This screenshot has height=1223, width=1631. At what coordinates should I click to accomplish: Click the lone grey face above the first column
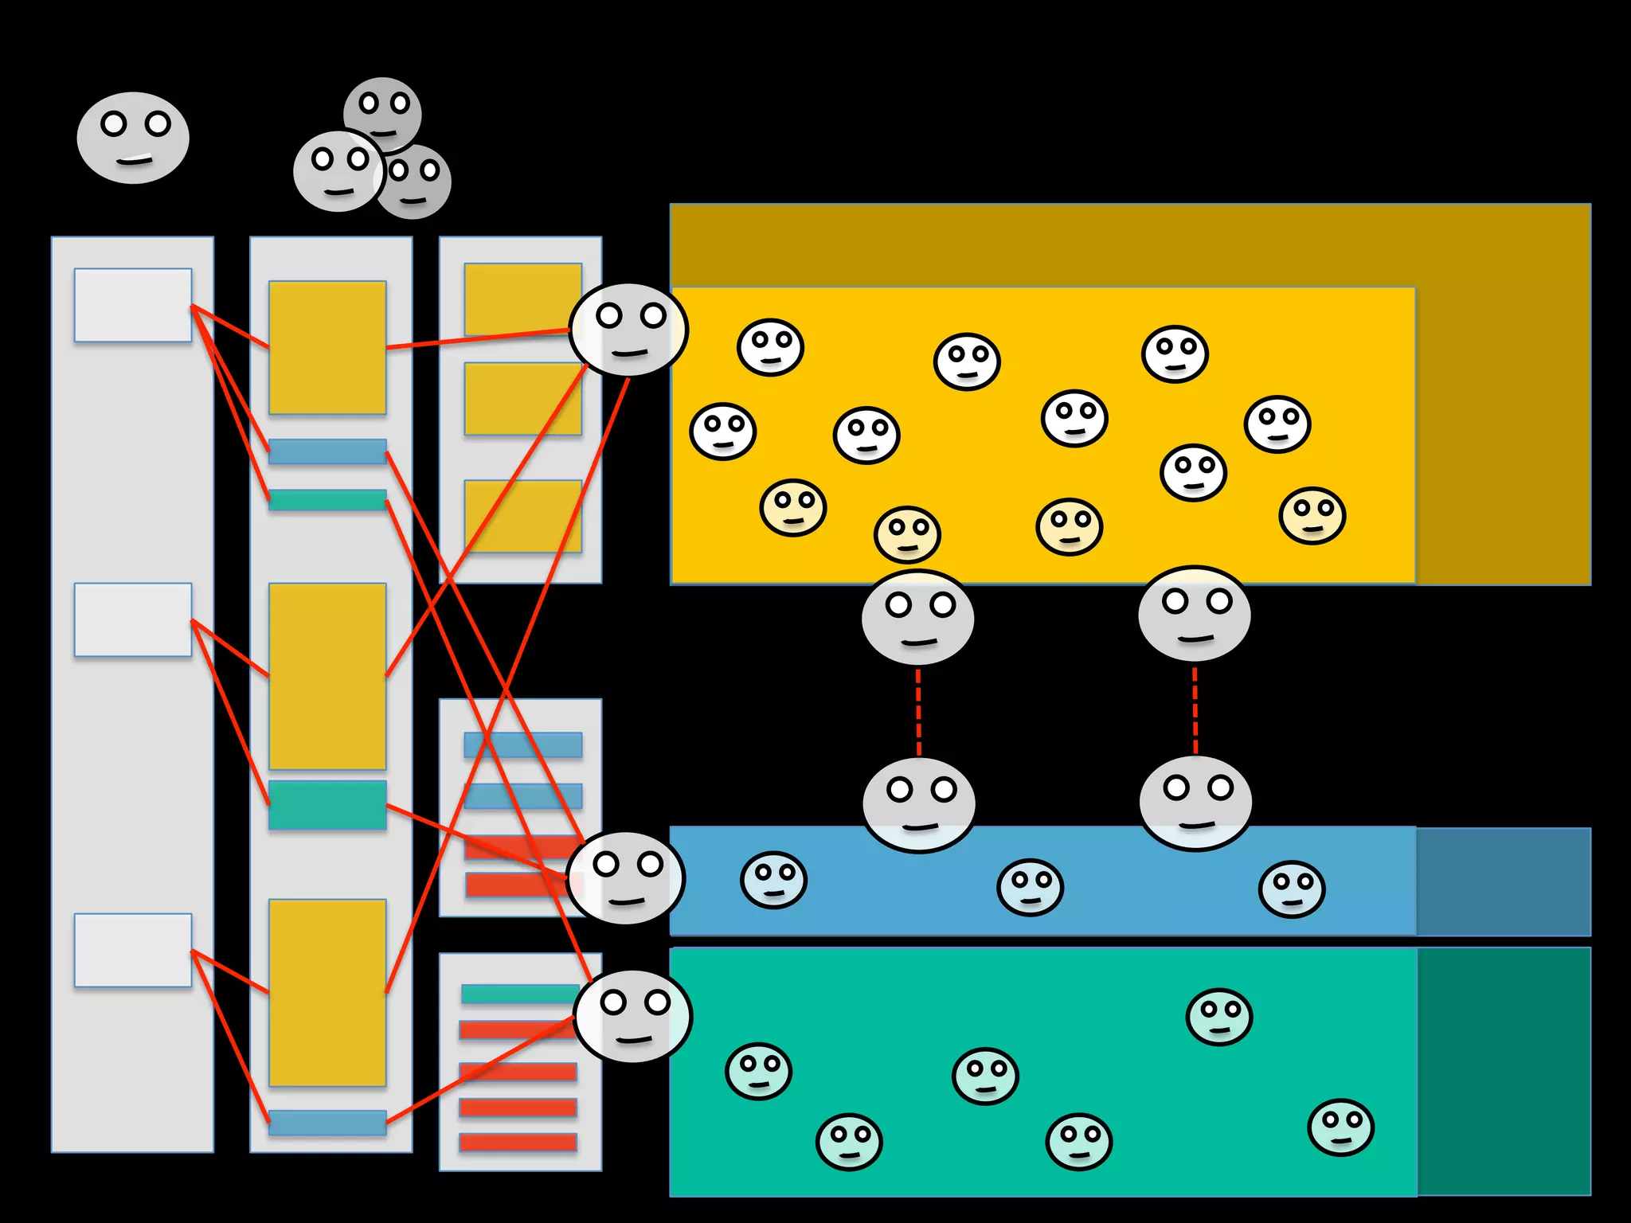click(x=133, y=138)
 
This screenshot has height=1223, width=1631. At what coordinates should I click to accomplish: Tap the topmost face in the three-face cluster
click(x=383, y=111)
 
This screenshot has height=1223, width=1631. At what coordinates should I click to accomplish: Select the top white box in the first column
click(x=133, y=305)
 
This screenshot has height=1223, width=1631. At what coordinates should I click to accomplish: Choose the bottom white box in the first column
click(x=133, y=950)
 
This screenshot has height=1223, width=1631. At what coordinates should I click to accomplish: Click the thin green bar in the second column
click(x=327, y=500)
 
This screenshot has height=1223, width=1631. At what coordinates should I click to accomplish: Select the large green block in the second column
click(x=327, y=805)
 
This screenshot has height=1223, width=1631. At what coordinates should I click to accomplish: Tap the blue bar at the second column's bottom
click(x=327, y=1122)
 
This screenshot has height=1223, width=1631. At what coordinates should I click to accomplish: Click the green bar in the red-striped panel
click(x=519, y=994)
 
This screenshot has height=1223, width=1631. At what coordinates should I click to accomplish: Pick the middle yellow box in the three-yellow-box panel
click(x=522, y=399)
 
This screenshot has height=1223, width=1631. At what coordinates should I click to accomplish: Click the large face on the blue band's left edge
click(x=626, y=878)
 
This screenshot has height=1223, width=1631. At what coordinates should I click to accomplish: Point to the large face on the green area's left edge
click(x=633, y=1016)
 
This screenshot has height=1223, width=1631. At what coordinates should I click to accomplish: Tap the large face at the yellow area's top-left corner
click(x=629, y=330)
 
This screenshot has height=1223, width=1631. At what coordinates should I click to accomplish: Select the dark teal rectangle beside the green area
click(x=1504, y=1071)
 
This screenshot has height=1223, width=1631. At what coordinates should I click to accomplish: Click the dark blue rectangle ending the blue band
click(x=1504, y=881)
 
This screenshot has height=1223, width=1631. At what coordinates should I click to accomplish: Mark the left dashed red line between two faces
click(x=919, y=712)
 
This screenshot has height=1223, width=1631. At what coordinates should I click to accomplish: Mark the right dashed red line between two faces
click(x=1195, y=710)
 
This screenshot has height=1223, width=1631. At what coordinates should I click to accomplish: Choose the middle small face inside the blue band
click(x=1030, y=887)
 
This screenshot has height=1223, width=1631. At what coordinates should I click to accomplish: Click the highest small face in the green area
click(x=1219, y=1017)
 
